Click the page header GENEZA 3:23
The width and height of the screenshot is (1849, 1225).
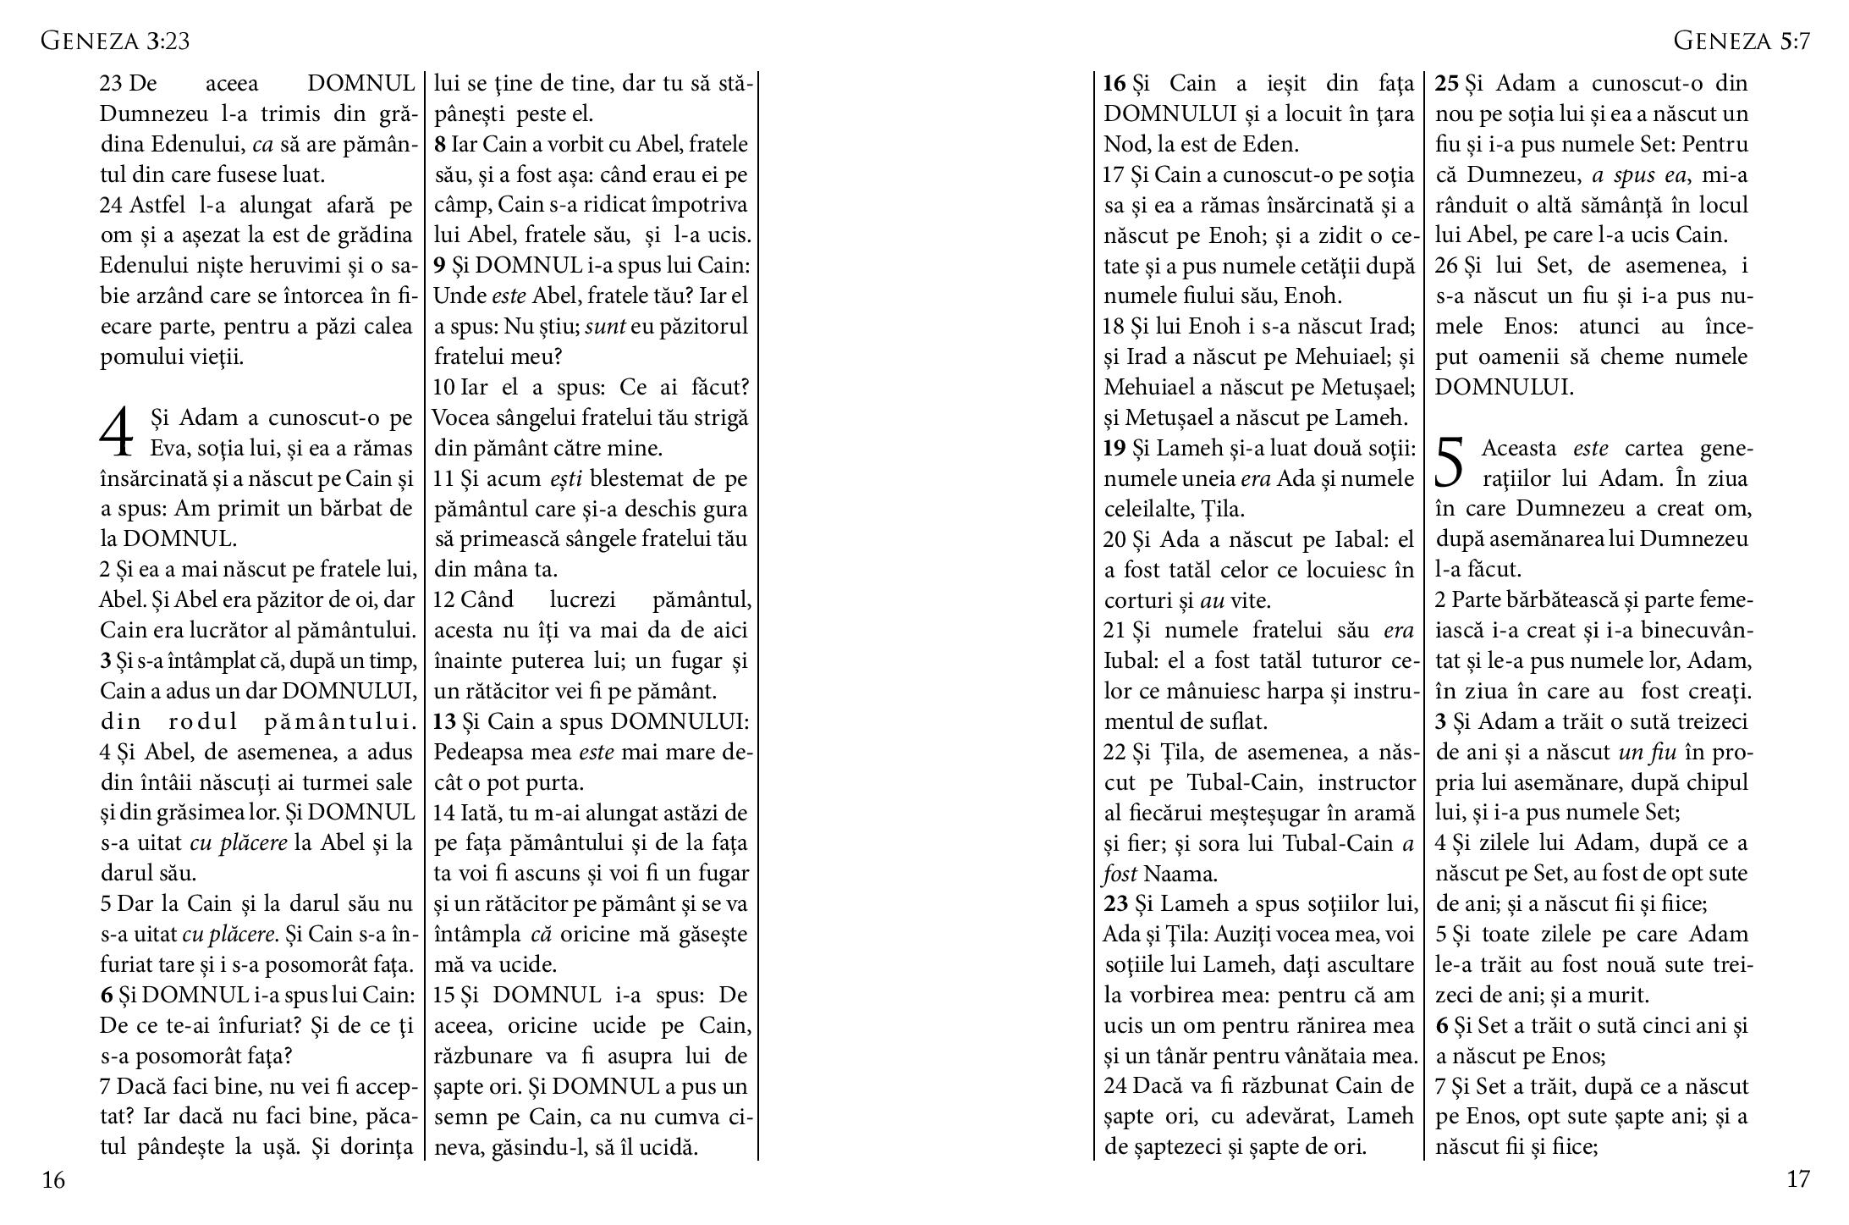pos(115,41)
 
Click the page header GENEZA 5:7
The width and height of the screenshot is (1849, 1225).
pos(1742,41)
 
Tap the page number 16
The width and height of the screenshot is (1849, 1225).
pos(53,1179)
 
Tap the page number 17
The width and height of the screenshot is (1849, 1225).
pos(1797,1178)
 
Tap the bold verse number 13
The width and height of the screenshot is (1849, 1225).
pos(444,721)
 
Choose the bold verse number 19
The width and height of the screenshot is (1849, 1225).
pos(1114,448)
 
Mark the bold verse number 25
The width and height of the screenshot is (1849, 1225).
pos(1447,83)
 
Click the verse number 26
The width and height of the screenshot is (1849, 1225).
pos(1446,266)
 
